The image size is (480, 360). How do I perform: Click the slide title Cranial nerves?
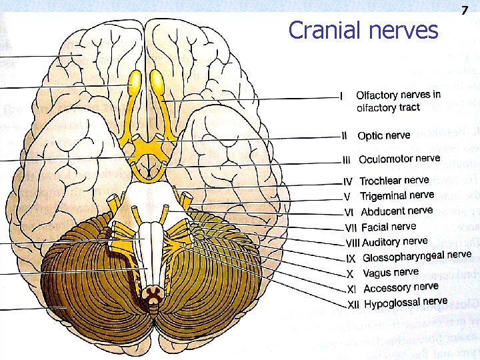363,30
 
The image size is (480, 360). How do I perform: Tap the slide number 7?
465,10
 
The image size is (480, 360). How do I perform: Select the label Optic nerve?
383,135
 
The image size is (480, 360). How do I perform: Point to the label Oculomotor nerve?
399,159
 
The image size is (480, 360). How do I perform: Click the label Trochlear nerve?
394,181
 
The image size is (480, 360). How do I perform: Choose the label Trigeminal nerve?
397,195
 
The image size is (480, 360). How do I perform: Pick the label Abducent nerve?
397,211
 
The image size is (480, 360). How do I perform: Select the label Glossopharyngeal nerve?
417,257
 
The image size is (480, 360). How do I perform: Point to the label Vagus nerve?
391,273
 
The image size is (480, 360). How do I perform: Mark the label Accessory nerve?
401,288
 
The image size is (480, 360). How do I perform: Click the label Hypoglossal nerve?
405,303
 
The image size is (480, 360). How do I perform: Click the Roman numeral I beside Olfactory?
341,97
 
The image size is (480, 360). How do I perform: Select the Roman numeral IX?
351,259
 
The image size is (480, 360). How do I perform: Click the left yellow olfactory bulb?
135,81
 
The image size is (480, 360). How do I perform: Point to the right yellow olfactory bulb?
159,81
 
